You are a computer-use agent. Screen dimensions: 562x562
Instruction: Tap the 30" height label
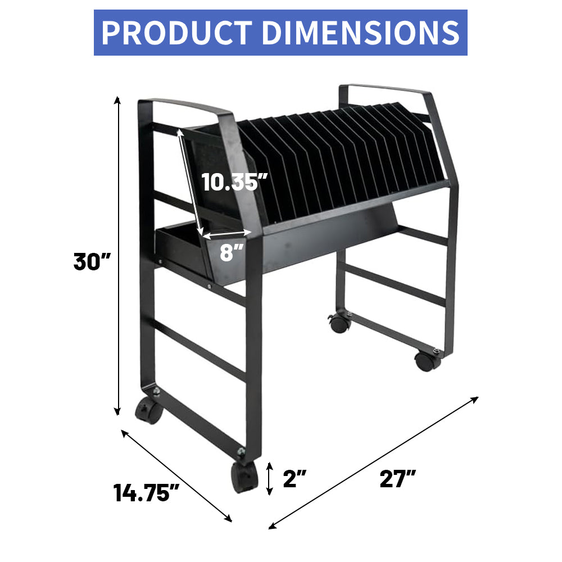point(93,262)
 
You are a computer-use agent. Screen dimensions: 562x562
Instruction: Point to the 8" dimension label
point(228,253)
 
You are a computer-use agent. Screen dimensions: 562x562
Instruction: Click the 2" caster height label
point(294,479)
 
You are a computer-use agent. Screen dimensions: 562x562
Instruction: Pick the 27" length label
point(397,479)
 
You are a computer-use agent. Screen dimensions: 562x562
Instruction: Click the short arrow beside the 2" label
point(270,479)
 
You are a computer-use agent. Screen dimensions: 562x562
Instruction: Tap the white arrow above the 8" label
point(228,235)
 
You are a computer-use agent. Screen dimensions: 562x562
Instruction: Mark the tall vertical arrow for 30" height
point(117,256)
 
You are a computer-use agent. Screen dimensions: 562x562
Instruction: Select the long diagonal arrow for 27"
point(374,463)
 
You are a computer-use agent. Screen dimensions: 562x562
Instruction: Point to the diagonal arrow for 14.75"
point(176,475)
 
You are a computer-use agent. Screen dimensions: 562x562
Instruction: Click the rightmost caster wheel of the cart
point(428,360)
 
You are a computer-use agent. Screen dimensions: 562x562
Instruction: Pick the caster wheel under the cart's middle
point(339,323)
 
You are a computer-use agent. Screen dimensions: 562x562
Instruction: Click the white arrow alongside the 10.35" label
point(190,180)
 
